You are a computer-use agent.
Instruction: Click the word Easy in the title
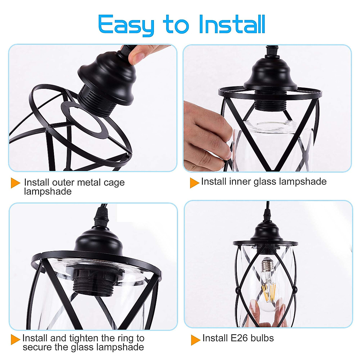[x=126, y=25]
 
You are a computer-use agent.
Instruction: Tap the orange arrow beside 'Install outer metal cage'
[x=15, y=183]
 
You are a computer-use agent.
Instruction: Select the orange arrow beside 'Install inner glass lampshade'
[x=194, y=182]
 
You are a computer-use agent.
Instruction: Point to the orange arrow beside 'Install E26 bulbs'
[x=195, y=340]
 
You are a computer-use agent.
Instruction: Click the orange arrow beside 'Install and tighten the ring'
[x=15, y=339]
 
